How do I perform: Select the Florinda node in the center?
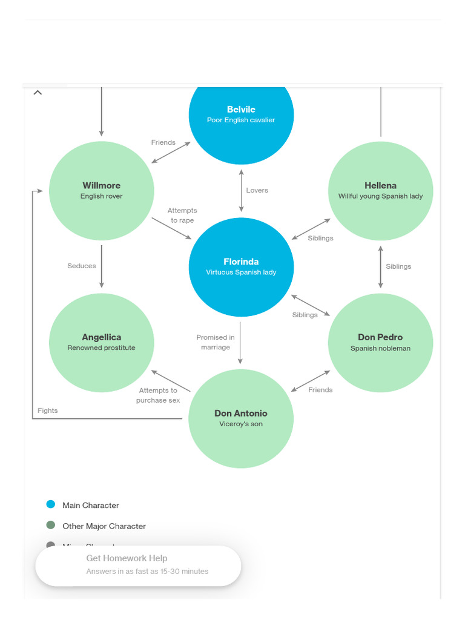coord(241,267)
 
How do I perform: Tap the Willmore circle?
coord(102,191)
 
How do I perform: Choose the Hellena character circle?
coord(380,191)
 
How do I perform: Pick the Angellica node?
coord(102,343)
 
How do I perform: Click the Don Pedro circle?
coord(380,343)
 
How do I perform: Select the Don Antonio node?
coord(241,418)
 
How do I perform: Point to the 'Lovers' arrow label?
coord(257,190)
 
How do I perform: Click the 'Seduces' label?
coord(82,266)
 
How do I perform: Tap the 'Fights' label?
coord(48,411)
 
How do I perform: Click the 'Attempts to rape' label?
coord(182,216)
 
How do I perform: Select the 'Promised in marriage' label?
coord(216,342)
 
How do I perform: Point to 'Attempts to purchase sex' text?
coord(158,395)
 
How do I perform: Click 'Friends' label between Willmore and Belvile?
coord(163,142)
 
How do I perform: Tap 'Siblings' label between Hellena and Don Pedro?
coord(398,266)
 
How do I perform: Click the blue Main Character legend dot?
coord(51,504)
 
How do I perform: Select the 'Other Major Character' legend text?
coord(104,526)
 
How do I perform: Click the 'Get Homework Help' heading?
coord(127,558)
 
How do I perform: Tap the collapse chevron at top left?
coord(38,93)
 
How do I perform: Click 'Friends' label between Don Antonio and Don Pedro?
coord(320,390)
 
